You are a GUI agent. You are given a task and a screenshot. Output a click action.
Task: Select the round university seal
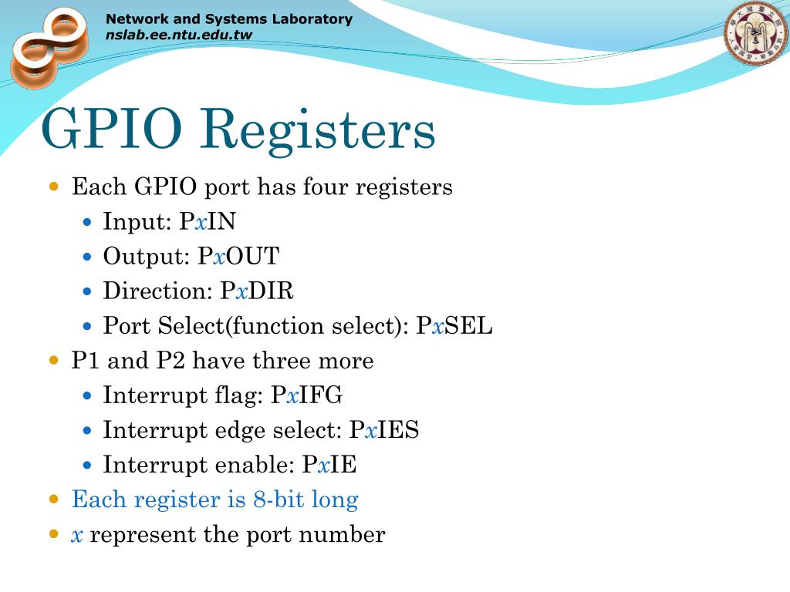click(x=755, y=35)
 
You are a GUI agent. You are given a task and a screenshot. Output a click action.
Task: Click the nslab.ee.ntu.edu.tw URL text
click(x=179, y=35)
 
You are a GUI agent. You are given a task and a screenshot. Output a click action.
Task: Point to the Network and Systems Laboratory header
click(x=228, y=19)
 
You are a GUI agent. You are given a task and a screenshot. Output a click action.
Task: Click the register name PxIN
click(x=208, y=222)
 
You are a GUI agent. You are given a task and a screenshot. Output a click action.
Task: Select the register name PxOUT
click(x=238, y=257)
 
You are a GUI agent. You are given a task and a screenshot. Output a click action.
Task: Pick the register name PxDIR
click(x=257, y=291)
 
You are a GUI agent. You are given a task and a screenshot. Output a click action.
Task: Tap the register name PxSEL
click(x=454, y=326)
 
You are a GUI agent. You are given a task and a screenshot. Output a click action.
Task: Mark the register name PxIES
click(x=384, y=430)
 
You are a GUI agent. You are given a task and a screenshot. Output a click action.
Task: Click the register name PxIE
click(x=329, y=465)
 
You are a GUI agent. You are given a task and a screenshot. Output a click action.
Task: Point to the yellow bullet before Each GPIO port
click(x=54, y=187)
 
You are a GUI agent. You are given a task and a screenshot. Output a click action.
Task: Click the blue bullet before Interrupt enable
click(x=87, y=466)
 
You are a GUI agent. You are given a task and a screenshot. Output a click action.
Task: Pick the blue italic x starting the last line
click(x=77, y=535)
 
